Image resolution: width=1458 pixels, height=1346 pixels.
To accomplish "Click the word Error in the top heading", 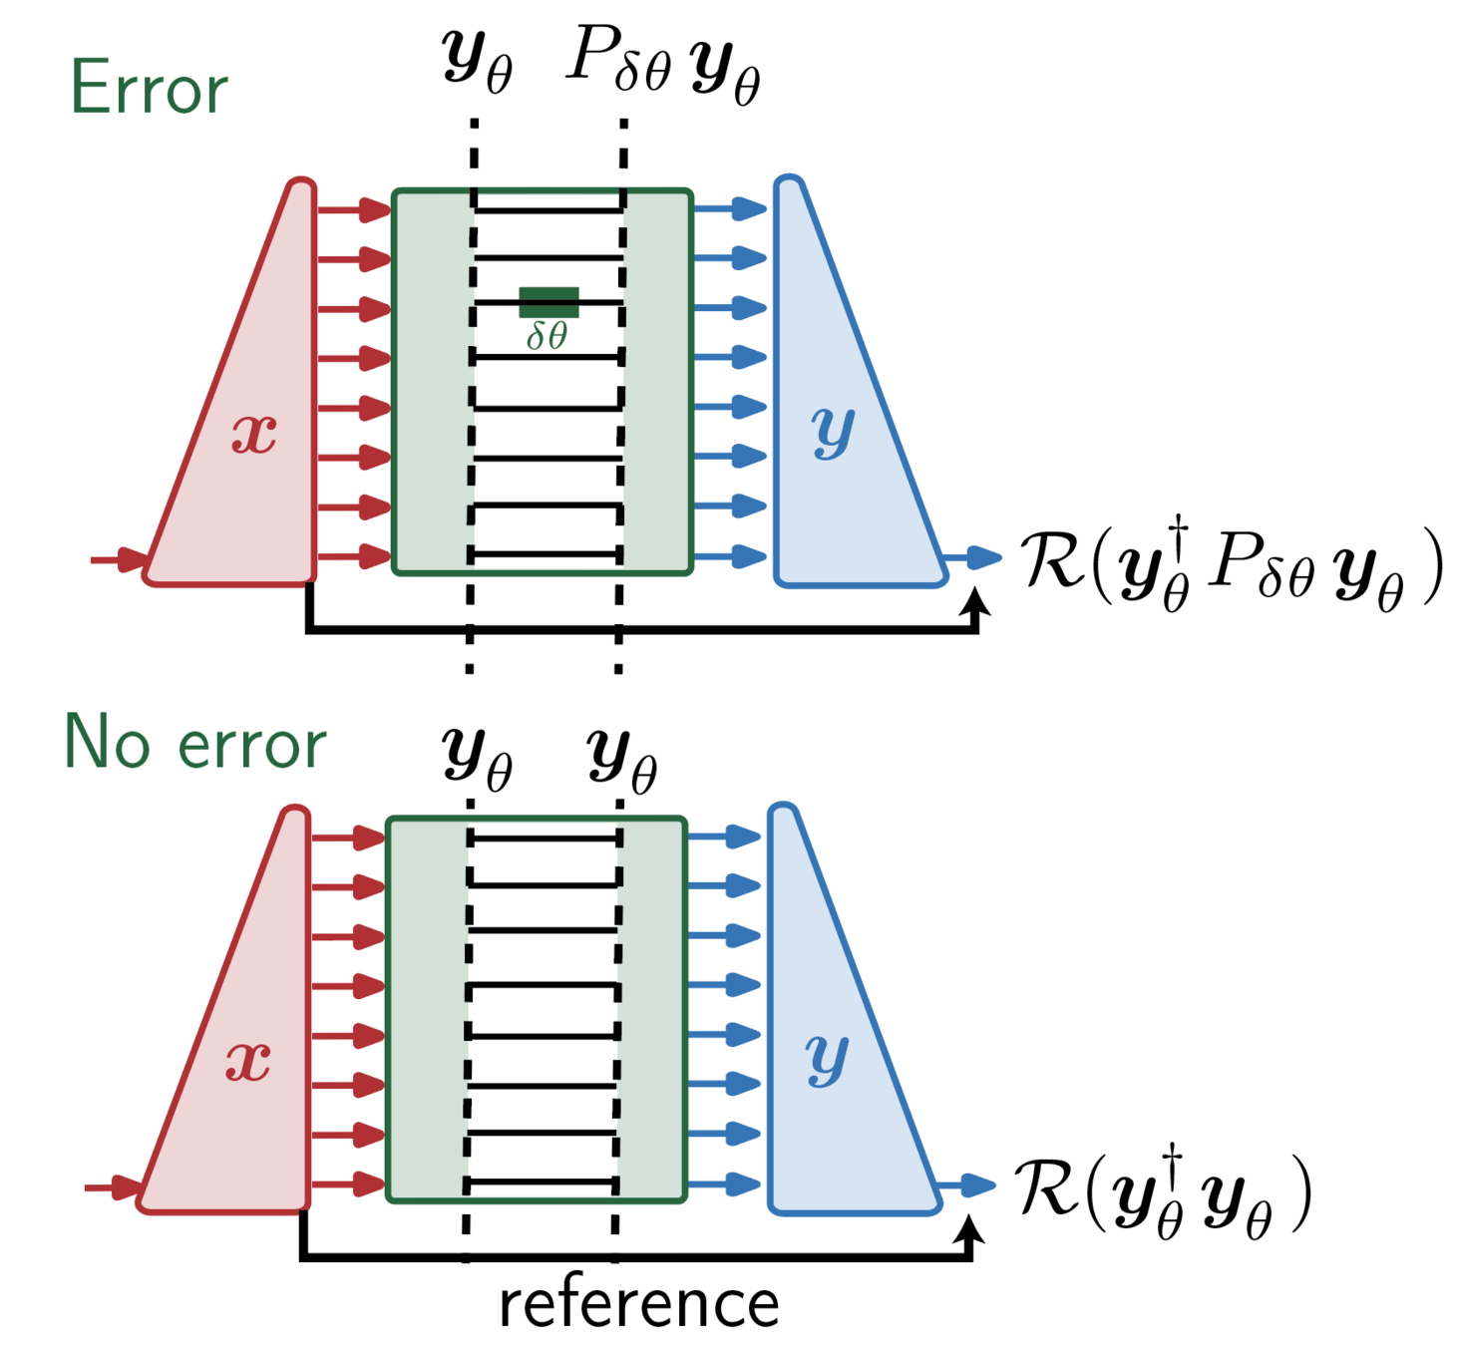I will click(x=149, y=89).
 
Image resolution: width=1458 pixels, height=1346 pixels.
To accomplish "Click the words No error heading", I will click(x=194, y=744).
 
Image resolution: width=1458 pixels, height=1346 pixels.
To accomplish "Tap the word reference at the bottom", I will click(x=638, y=1304).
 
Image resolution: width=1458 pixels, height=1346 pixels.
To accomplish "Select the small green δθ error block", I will click(x=548, y=302).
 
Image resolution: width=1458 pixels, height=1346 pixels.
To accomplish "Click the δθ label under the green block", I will click(x=547, y=336).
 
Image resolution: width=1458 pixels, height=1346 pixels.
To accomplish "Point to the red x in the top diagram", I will click(x=253, y=434).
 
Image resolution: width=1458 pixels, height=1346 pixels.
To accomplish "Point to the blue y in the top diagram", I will click(x=833, y=432).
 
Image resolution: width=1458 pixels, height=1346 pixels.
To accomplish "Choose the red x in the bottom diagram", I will click(x=247, y=1061).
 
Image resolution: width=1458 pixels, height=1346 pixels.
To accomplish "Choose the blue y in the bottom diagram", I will click(x=827, y=1059).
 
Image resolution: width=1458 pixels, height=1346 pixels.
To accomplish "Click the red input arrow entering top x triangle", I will click(x=120, y=559).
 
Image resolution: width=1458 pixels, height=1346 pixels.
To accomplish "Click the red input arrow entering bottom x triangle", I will click(x=114, y=1187).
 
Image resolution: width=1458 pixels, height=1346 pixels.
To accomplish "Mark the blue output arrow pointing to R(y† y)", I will click(x=968, y=1184).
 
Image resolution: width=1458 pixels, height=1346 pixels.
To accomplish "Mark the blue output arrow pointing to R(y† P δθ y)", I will click(x=974, y=557).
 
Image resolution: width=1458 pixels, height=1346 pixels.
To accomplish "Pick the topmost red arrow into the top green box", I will click(x=355, y=210).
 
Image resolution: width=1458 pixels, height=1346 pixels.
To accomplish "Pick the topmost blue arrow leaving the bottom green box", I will click(x=725, y=837).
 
